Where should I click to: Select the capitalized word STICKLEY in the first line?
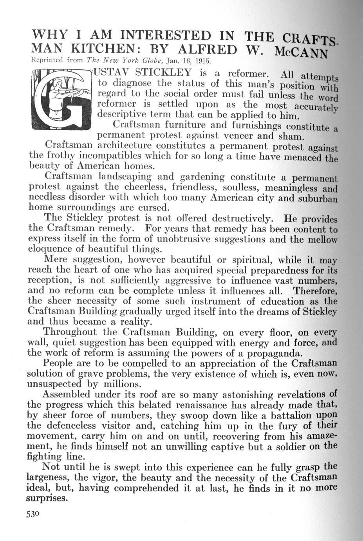163,73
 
